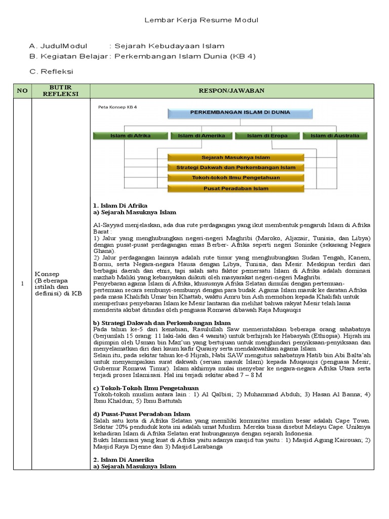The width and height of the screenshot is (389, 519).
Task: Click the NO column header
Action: point(22,91)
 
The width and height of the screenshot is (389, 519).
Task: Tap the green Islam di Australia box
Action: point(335,136)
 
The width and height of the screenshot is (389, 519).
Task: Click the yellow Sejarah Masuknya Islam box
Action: point(236,158)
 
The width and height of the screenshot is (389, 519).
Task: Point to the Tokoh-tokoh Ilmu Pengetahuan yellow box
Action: point(236,178)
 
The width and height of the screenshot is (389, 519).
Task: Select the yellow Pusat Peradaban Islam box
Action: point(236,189)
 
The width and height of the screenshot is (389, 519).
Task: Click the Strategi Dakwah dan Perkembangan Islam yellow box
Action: point(236,168)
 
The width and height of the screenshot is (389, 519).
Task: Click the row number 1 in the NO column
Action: point(22,283)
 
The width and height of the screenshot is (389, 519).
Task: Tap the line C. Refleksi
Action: point(52,71)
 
